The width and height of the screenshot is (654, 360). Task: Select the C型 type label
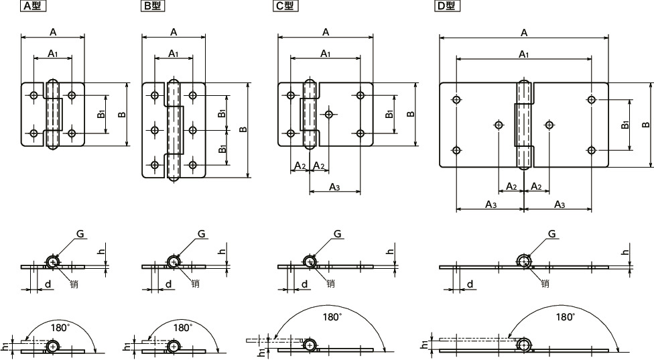tap(285, 6)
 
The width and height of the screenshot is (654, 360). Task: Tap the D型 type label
tap(446, 6)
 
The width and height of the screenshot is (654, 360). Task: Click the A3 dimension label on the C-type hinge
tap(333, 187)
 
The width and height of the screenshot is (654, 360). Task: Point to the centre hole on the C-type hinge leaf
tap(328, 113)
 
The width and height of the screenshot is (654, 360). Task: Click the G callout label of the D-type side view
tap(551, 233)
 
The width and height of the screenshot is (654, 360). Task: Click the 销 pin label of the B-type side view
tap(195, 283)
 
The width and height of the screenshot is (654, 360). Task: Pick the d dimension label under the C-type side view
tap(305, 284)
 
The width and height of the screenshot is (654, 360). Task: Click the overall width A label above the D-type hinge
tap(523, 32)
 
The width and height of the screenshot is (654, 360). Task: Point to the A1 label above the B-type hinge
tap(173, 53)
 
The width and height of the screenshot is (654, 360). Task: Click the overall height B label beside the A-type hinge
tap(121, 115)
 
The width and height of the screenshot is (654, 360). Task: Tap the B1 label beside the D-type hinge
tap(625, 125)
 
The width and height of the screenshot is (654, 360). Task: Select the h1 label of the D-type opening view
tap(424, 345)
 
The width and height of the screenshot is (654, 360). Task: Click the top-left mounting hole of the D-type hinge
tap(456, 100)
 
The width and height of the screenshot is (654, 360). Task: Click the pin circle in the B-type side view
tap(173, 261)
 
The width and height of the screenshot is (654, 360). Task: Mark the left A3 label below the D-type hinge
tap(490, 204)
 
